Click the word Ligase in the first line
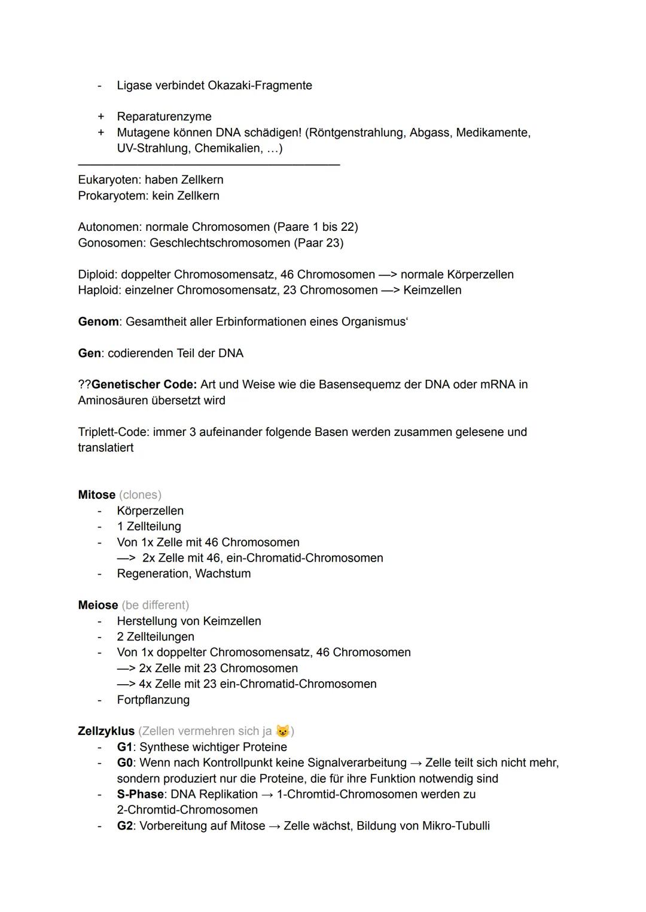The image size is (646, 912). (x=134, y=86)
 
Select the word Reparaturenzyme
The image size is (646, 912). (x=164, y=117)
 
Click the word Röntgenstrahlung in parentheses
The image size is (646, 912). (x=356, y=132)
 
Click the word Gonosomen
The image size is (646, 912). (x=111, y=243)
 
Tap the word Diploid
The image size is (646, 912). (x=97, y=274)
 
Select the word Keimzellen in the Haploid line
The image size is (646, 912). (x=432, y=290)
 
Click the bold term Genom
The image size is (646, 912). (x=98, y=322)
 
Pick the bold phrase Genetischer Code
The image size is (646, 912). (x=144, y=385)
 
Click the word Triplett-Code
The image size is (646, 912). (x=114, y=432)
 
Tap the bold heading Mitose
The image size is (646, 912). (x=96, y=495)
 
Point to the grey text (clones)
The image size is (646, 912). (x=140, y=495)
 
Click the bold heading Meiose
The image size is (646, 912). (x=97, y=605)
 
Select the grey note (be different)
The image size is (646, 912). (x=155, y=605)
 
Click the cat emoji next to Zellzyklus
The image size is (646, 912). (x=282, y=731)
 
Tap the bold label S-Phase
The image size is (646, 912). (x=140, y=794)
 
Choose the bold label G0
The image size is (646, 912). (x=124, y=763)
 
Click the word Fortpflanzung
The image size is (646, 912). (x=153, y=700)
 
